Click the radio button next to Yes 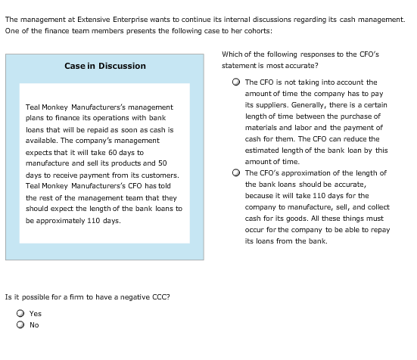coord(21,314)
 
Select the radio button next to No coord(21,326)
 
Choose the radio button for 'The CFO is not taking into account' coord(237,82)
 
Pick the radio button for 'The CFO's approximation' coord(237,172)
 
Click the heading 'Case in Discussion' coord(105,66)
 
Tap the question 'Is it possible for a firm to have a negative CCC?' coord(87,296)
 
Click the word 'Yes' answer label coord(36,314)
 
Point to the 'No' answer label coord(34,326)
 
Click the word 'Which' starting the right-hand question coord(232,54)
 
